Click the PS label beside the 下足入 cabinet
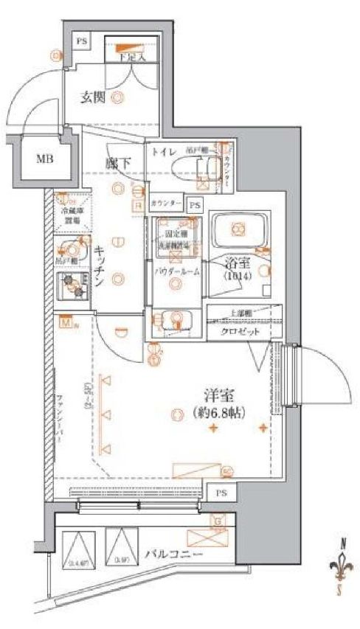[x=81, y=42]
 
